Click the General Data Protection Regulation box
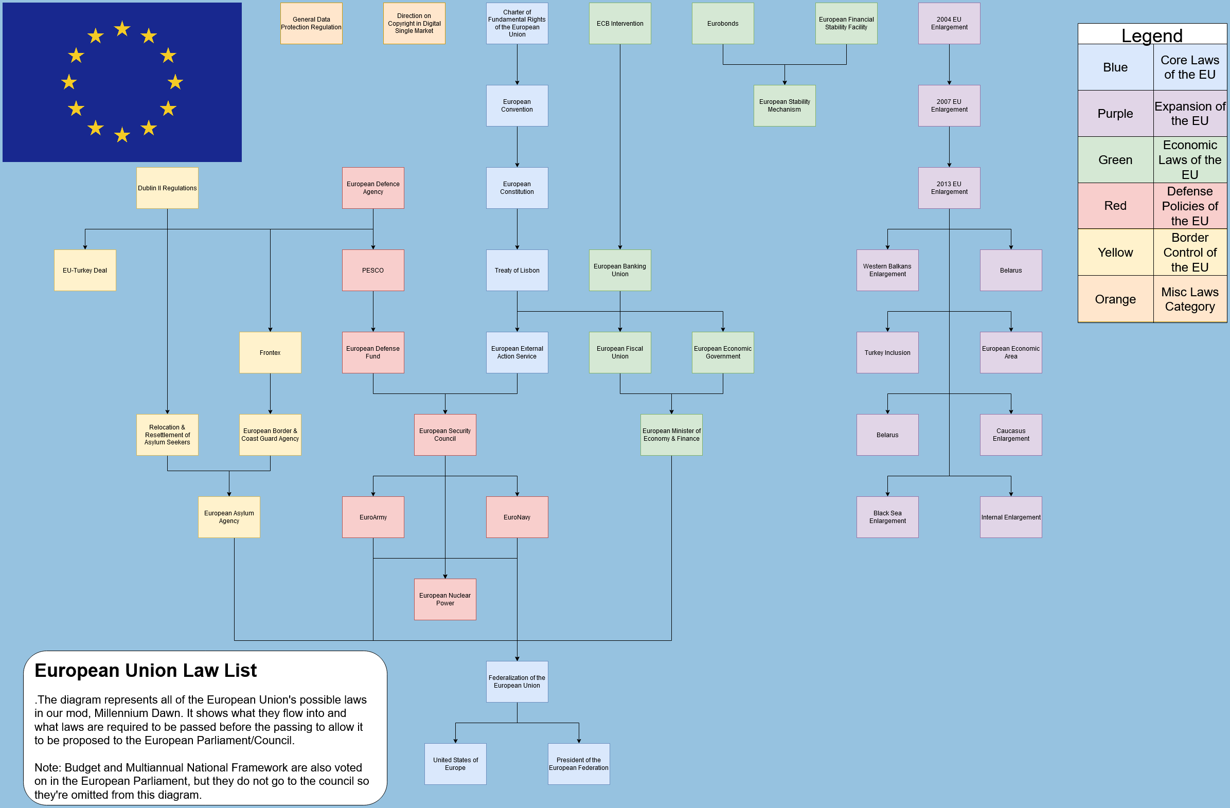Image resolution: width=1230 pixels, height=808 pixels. pyautogui.click(x=311, y=23)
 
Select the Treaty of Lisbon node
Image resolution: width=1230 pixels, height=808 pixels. pyautogui.click(x=517, y=270)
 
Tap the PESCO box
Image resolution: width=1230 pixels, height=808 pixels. pyautogui.click(x=372, y=270)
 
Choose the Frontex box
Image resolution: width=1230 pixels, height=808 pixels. pyautogui.click(x=270, y=352)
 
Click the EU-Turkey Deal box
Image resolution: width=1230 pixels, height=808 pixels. pyautogui.click(x=85, y=270)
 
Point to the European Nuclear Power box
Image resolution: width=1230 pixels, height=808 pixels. pyautogui.click(x=444, y=599)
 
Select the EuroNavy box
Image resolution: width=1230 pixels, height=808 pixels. pyautogui.click(x=517, y=517)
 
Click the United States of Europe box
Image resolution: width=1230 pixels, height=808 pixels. pyautogui.click(x=455, y=764)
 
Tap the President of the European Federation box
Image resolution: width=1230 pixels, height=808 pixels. pyautogui.click(x=578, y=764)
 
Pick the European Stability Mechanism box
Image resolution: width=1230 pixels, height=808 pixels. pyautogui.click(x=784, y=105)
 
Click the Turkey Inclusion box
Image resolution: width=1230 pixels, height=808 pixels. pyautogui.click(x=887, y=352)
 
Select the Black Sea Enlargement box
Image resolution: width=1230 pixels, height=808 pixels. pyautogui.click(x=887, y=517)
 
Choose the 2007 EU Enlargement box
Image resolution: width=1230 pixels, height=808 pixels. pyautogui.click(x=949, y=105)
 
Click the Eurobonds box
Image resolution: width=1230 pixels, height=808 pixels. pyautogui.click(x=722, y=23)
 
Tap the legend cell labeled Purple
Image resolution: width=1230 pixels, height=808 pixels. pyautogui.click(x=1115, y=113)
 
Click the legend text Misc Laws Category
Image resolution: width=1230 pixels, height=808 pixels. pyautogui.click(x=1189, y=299)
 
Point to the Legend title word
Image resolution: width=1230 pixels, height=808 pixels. pyautogui.click(x=1151, y=35)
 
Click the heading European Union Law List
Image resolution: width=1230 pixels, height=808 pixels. pyautogui.click(x=145, y=670)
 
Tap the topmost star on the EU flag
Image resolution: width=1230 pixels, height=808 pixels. pyautogui.click(x=122, y=28)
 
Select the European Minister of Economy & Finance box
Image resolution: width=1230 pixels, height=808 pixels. pyautogui.click(x=671, y=435)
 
